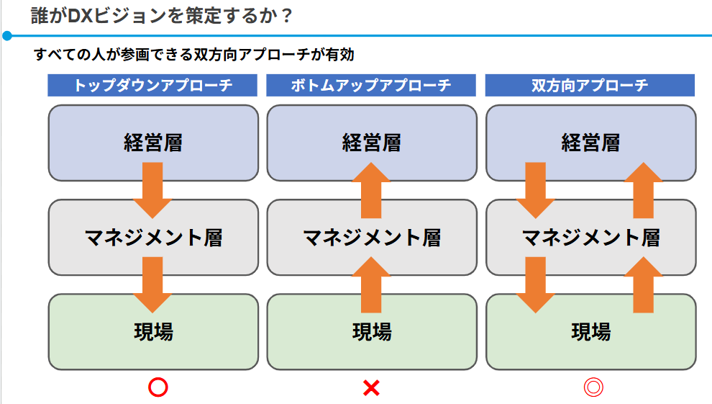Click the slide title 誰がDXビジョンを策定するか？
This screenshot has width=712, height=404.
(x=163, y=15)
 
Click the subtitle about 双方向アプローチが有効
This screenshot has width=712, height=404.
(x=193, y=54)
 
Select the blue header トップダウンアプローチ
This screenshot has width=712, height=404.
(x=152, y=85)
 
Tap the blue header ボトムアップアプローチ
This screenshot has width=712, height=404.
(x=371, y=85)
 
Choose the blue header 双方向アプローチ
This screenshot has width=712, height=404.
(x=590, y=85)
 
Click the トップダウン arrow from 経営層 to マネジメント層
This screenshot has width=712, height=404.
(x=152, y=189)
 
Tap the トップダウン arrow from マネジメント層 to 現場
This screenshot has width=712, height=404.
(x=152, y=284)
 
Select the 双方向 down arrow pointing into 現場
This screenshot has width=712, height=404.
(x=536, y=284)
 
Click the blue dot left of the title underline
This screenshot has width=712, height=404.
(x=7, y=35)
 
